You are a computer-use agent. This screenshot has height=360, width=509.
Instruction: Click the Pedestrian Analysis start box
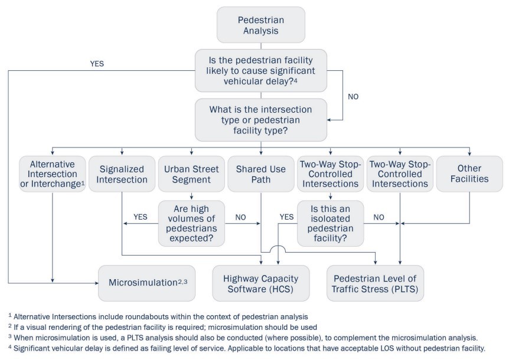[x=260, y=24]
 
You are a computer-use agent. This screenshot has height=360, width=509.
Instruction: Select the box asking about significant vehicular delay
[x=260, y=70]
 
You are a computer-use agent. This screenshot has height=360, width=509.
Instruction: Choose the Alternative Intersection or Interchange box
[x=52, y=173]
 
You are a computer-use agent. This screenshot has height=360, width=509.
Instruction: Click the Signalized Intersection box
[x=122, y=173]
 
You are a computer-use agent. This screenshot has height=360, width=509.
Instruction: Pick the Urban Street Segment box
[x=191, y=173]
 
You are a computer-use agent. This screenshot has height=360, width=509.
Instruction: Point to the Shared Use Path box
[x=260, y=173]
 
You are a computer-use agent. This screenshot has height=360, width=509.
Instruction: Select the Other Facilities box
[x=469, y=173]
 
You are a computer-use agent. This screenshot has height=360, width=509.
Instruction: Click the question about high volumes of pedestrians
[x=191, y=224]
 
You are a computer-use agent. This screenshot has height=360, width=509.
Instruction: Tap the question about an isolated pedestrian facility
[x=330, y=224]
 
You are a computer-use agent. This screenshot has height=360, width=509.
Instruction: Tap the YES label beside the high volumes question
[x=141, y=217]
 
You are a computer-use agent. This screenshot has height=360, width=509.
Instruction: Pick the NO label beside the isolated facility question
[x=379, y=217]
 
